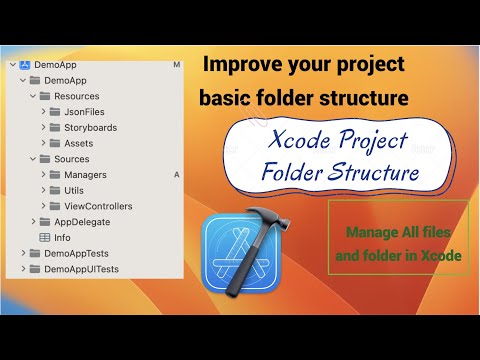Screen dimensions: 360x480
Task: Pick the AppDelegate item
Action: [83, 221]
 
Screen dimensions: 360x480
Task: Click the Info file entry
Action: [62, 237]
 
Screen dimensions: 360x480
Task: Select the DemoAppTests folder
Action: [71, 253]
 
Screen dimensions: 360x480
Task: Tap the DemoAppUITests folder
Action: [75, 269]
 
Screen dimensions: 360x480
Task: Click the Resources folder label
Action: [77, 96]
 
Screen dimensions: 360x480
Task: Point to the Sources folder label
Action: [72, 158]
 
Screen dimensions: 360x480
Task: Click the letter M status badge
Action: [176, 65]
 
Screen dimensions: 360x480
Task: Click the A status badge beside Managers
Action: [176, 174]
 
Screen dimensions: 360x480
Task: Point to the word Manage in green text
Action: [369, 233]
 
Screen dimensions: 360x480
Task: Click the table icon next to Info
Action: [45, 237]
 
